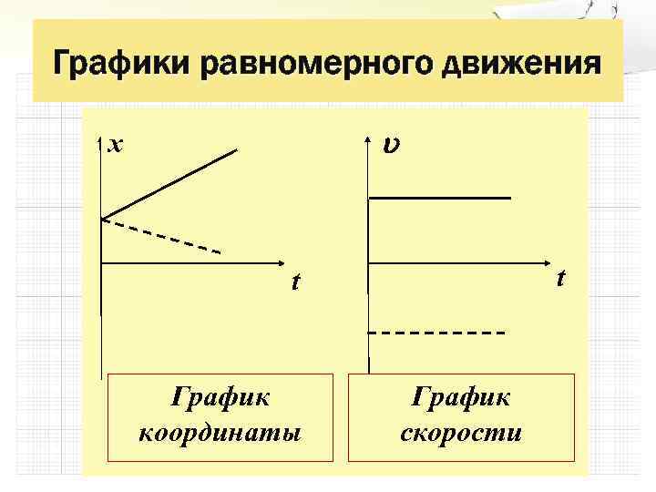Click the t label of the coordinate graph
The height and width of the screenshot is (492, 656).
point(293,282)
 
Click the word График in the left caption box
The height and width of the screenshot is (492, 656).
point(220,398)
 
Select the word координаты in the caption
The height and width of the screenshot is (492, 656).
point(220,430)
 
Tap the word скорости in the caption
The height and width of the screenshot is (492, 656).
point(461,430)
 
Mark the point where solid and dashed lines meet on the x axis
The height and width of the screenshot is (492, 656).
point(101,220)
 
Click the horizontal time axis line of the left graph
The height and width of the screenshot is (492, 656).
point(191,264)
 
